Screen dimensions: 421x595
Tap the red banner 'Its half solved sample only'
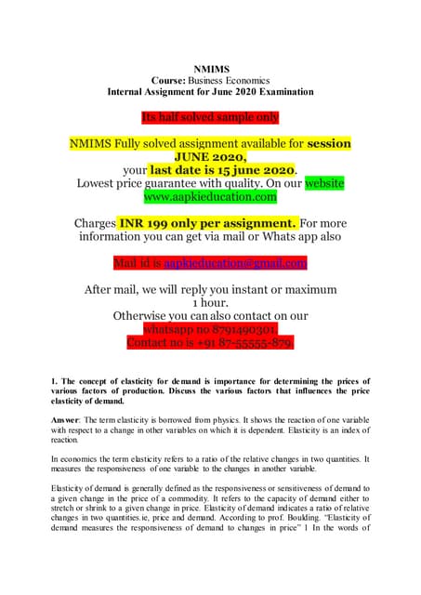(x=210, y=116)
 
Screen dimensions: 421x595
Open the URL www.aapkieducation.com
(x=210, y=197)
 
